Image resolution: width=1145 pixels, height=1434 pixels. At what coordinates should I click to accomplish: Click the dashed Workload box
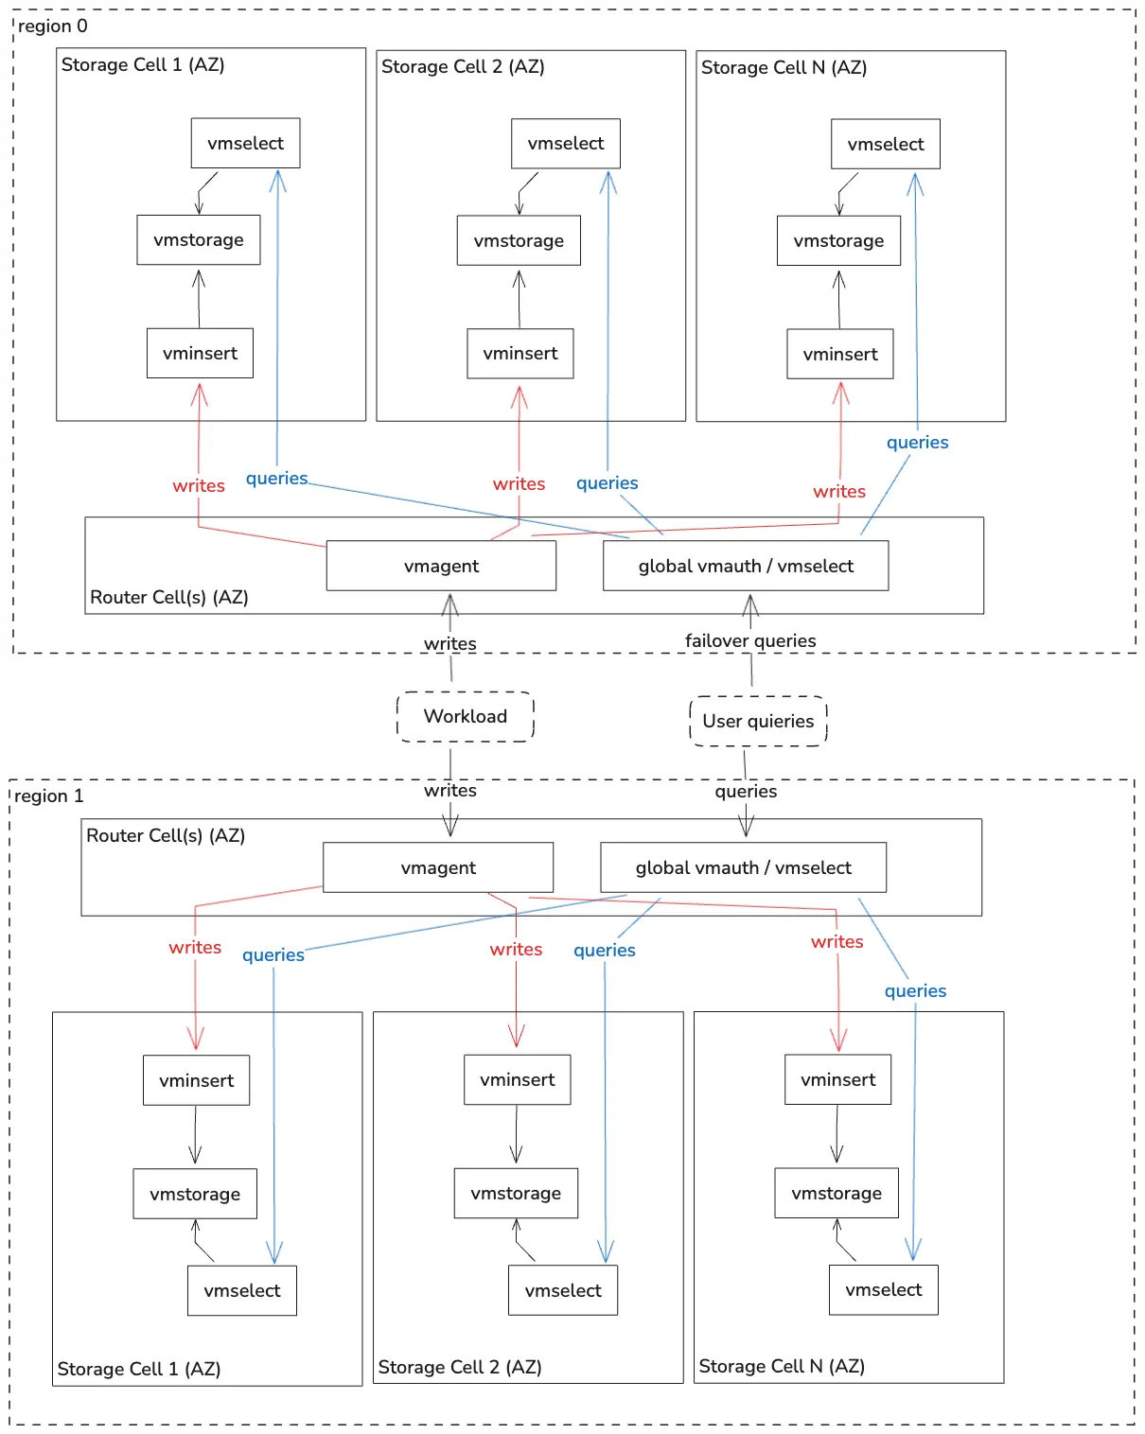pos(465,716)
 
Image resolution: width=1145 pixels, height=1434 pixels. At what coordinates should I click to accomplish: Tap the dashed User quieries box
pos(758,721)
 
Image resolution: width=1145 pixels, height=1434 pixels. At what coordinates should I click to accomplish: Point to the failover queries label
pos(750,640)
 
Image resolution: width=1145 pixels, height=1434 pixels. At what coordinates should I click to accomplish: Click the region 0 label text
pos(53,26)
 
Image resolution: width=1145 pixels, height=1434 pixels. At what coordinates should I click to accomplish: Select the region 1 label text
pos(49,796)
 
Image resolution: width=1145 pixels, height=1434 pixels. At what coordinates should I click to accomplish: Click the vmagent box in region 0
pos(441,566)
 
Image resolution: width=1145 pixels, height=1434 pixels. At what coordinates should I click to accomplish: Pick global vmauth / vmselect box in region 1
pos(743,867)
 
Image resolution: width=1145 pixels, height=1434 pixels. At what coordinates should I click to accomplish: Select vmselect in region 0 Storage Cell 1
pos(245,143)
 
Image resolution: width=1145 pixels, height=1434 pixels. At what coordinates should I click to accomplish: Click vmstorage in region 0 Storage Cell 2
pos(519,240)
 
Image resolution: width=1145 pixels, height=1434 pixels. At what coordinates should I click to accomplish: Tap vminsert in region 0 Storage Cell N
pos(840,354)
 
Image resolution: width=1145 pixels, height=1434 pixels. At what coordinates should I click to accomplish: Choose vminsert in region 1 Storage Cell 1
pos(196,1080)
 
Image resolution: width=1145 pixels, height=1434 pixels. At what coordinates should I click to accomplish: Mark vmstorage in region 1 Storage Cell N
pos(837,1194)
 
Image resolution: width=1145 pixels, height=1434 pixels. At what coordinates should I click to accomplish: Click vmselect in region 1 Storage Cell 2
pos(563,1290)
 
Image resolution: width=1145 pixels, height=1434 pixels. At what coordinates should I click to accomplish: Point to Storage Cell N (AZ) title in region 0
pos(784,67)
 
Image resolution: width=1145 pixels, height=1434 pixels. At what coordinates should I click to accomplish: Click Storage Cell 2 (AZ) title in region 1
pos(460,1367)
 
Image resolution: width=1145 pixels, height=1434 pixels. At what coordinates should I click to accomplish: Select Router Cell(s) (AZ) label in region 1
pos(166,835)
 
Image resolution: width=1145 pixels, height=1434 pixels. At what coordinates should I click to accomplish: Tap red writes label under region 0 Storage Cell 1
pos(199,485)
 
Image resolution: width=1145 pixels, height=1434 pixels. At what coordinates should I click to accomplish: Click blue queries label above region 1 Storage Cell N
pos(915,990)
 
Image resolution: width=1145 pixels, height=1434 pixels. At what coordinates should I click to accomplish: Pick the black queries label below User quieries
pos(746,791)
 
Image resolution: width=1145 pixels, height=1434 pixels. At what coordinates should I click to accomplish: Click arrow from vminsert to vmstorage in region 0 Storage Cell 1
pos(199,297)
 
